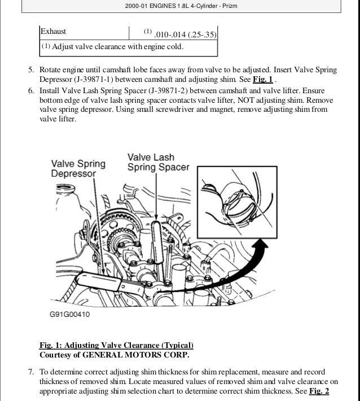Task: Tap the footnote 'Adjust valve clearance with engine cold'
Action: click(x=117, y=46)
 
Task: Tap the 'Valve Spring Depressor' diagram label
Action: click(x=78, y=169)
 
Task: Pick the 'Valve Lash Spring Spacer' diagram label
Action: click(x=159, y=163)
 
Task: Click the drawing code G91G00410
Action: click(x=65, y=316)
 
